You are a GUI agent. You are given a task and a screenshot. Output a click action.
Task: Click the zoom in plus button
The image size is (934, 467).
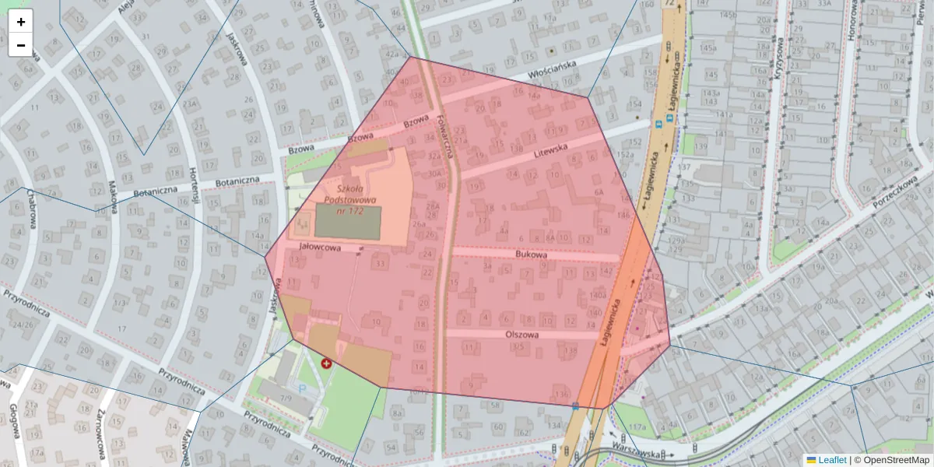(21, 22)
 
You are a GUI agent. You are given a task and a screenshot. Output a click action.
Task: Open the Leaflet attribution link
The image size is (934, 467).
(832, 460)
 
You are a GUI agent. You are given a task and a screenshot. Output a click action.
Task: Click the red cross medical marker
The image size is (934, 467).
(326, 363)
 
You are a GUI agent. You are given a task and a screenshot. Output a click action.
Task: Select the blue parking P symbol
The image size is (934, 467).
(303, 387)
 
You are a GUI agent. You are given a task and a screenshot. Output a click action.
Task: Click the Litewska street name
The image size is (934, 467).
(553, 150)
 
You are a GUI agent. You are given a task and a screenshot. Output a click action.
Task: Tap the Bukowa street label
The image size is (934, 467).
(532, 255)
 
